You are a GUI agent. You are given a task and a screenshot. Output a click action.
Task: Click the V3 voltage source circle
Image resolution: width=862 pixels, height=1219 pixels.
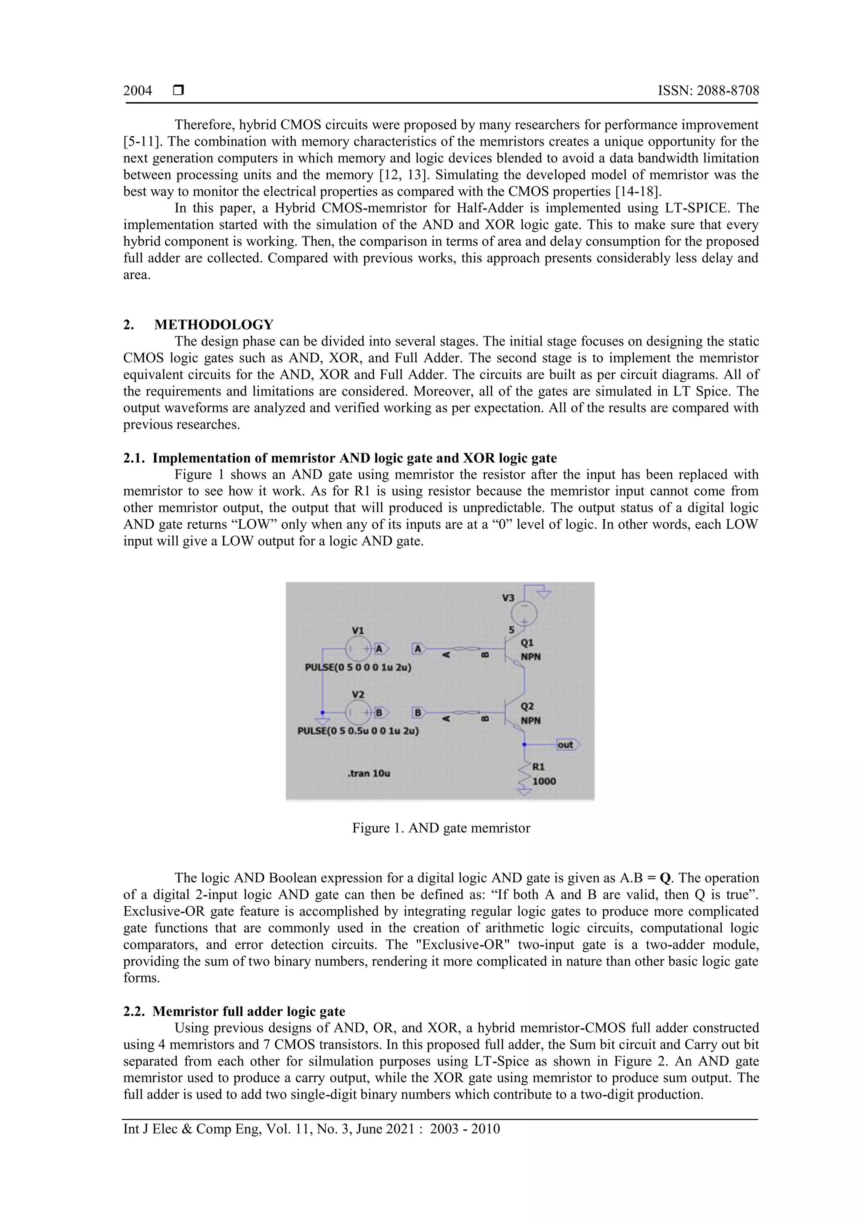524,614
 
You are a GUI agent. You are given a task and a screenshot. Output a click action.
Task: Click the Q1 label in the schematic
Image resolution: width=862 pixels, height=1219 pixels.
527,643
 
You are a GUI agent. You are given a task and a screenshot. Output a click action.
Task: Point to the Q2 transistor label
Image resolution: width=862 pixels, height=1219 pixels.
527,706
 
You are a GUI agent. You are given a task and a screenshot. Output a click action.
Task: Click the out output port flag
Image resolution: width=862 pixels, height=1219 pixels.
567,745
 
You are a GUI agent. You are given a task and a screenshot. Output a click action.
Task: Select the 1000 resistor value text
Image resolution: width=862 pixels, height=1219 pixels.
544,781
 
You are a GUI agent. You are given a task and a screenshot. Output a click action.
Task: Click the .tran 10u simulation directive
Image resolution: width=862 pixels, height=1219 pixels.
369,773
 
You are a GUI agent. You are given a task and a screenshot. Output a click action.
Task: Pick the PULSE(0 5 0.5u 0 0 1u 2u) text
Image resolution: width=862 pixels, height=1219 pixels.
358,730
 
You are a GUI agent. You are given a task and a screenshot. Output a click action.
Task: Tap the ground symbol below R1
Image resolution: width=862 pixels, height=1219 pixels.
524,793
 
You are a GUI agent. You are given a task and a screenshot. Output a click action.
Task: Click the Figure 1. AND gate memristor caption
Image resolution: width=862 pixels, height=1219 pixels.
441,828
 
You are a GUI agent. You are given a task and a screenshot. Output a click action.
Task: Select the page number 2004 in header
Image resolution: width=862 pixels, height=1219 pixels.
138,91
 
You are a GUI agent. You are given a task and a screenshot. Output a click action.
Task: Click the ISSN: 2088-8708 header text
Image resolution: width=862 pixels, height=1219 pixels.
708,91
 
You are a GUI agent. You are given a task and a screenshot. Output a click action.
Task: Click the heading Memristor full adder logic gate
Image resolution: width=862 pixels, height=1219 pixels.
249,1012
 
